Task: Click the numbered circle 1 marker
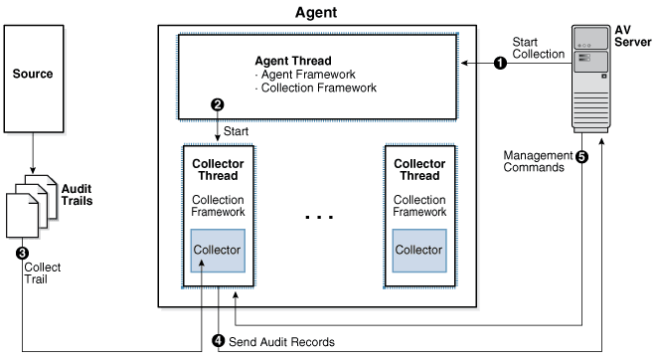coord(500,64)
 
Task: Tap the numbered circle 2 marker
coord(217,104)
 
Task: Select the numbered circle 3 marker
coord(22,254)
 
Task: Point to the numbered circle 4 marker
coord(218,341)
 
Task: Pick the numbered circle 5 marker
coord(581,157)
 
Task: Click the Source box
coord(34,79)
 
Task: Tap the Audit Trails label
coord(77,195)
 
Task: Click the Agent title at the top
coord(316,12)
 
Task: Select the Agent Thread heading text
coord(293,61)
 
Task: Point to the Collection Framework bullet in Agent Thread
coord(316,88)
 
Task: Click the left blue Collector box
coord(218,251)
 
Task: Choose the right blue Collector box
coord(419,251)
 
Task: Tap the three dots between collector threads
coord(319,217)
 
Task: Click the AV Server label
coord(632,36)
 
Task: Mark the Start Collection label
coord(539,48)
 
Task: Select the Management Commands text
coord(538,161)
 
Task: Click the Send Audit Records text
coord(281,342)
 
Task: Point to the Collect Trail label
coord(43,272)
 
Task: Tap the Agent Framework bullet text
coord(305,75)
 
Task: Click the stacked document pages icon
coord(32,206)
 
